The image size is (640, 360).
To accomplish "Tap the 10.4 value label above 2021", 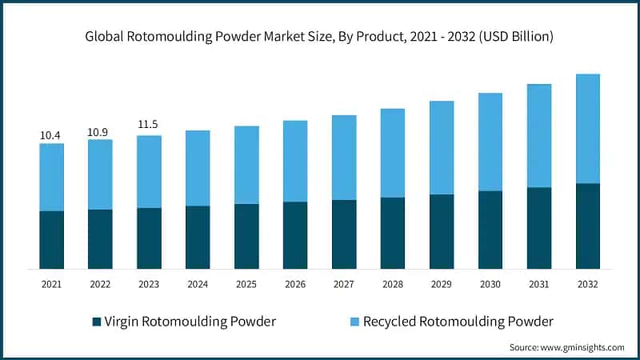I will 51,136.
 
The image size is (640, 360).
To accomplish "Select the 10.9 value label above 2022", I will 100,132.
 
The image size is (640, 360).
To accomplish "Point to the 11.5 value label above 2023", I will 149,126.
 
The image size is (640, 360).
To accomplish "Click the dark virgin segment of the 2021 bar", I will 51,239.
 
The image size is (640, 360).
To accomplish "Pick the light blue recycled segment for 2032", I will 588,129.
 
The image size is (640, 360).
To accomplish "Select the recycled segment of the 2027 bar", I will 344,158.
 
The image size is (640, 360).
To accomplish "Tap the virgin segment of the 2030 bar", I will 490,230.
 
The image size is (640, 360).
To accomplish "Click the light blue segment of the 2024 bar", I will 198,168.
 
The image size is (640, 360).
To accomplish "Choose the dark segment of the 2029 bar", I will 442,231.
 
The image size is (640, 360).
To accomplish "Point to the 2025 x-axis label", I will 246,284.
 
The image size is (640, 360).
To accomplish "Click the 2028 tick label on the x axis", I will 393,284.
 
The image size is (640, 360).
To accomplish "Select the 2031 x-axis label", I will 539,284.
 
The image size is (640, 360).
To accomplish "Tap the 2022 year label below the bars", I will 100,284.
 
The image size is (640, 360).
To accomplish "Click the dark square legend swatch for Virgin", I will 97,322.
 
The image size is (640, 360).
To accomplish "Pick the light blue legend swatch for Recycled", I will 353,322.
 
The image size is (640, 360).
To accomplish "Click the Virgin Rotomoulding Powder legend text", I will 191,322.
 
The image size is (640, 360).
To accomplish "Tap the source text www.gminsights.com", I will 566,347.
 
